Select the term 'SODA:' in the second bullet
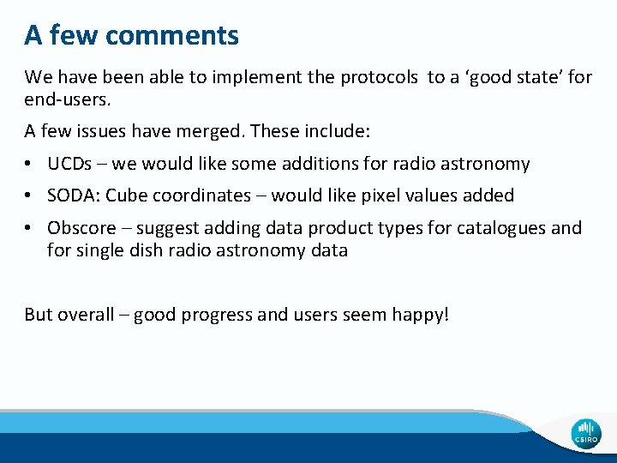pos(75,195)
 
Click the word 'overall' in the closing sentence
pos(86,315)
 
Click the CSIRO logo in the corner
pos(587,434)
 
